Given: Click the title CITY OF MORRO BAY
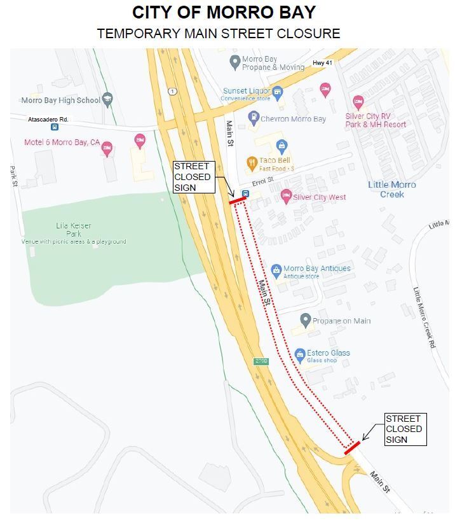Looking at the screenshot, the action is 224,12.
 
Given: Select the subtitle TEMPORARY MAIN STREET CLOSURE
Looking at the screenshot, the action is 218,34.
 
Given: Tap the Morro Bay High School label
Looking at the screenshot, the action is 61,101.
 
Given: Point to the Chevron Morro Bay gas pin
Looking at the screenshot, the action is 253,118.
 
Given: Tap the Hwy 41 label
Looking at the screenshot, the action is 322,63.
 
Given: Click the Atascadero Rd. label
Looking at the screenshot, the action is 48,119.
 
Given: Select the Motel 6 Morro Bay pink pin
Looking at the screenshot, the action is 107,148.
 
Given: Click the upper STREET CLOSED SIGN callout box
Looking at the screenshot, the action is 193,177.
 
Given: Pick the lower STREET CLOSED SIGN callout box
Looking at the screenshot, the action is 405,429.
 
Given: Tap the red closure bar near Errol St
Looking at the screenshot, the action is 238,200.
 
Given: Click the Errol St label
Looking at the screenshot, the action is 262,181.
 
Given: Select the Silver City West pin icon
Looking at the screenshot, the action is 286,197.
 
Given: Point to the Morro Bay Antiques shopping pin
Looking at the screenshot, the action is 276,270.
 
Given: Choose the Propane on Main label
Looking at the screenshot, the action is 341,321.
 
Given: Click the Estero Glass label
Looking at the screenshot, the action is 328,353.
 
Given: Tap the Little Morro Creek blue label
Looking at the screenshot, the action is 392,189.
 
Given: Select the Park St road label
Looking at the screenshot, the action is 13,176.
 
